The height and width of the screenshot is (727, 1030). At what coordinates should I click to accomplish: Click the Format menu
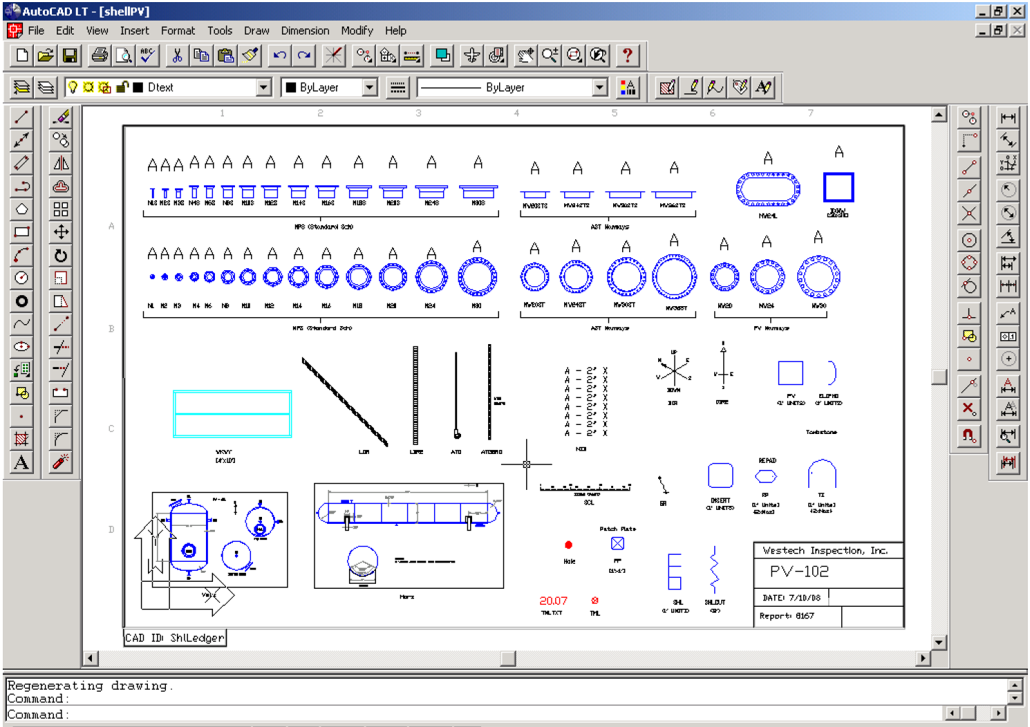[178, 30]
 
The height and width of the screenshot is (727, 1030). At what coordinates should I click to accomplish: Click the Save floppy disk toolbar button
[70, 55]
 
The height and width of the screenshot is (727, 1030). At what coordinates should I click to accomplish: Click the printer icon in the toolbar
[100, 55]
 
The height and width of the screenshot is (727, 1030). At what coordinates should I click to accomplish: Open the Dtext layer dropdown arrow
[263, 88]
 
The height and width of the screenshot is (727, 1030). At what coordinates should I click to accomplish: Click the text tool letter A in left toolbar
[21, 462]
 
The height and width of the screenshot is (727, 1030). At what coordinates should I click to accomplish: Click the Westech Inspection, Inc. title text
[825, 551]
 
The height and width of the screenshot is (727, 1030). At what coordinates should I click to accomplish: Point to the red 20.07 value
[553, 601]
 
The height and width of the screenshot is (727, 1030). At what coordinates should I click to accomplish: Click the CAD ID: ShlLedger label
[175, 638]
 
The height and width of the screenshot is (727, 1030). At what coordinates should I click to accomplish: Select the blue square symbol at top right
[839, 187]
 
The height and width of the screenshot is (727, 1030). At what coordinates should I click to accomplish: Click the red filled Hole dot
[569, 545]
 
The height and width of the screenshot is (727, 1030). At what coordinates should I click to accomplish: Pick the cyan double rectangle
[232, 414]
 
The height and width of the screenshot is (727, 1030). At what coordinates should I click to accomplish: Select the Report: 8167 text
[787, 616]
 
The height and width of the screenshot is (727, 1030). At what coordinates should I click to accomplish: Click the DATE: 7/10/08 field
[791, 598]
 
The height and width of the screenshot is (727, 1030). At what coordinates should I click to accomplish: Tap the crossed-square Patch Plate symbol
[617, 544]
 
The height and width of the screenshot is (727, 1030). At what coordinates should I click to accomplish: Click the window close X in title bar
[1018, 11]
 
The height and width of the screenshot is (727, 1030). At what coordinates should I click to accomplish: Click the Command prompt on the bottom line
[39, 715]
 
